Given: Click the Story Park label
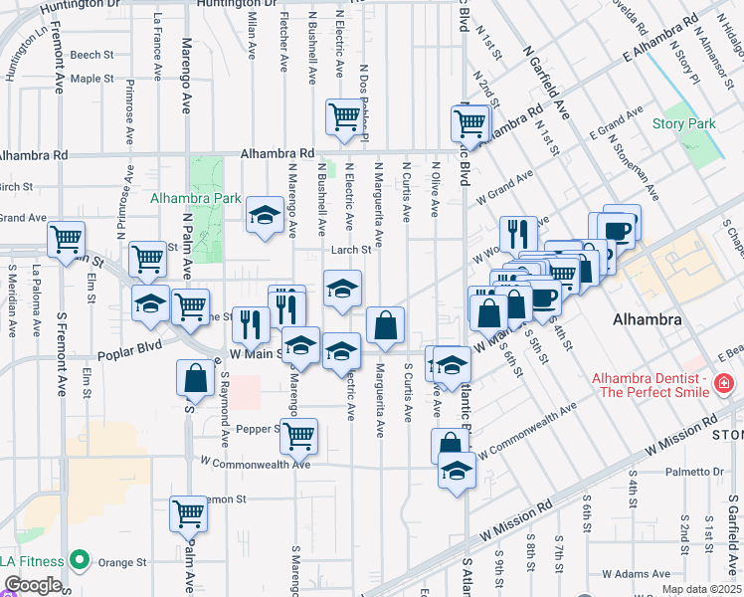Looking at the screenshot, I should tap(684, 124).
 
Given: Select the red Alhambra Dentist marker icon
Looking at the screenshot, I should tap(724, 383).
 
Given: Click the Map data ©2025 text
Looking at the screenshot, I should tap(701, 589).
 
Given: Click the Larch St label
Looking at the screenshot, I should tap(351, 251).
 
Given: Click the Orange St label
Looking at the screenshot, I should tap(122, 562).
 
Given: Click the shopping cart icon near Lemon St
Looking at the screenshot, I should tap(187, 512).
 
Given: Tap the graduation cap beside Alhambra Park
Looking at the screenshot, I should tap(264, 214).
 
